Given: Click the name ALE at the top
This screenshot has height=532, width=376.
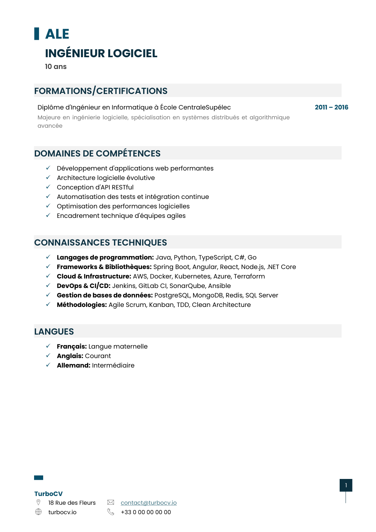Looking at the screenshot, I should click(57, 34).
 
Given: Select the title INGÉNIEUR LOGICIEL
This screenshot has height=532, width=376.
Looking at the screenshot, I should click(101, 53).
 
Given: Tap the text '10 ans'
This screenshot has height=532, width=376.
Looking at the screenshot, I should click(56, 67).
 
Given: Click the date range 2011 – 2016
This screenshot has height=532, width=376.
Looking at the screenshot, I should click(331, 107).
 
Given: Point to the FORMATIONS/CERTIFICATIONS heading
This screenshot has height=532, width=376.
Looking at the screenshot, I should click(101, 91).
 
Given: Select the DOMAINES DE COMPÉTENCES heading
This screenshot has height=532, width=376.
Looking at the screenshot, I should click(97, 153).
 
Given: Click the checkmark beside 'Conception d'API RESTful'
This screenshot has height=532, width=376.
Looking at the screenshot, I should click(48, 187).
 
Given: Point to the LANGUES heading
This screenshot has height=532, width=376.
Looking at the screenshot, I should click(54, 332).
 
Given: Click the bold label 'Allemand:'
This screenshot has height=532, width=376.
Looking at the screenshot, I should click(73, 365).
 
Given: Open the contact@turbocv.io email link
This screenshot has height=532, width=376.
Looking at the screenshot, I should click(148, 502).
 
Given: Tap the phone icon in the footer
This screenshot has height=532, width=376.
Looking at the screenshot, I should click(111, 512).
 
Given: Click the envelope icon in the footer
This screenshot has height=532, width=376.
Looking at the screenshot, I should click(111, 502).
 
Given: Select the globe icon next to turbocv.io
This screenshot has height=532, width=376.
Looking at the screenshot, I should click(38, 512).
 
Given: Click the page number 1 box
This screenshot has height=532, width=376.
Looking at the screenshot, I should click(346, 485).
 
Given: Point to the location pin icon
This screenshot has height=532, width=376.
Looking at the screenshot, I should click(38, 502).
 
